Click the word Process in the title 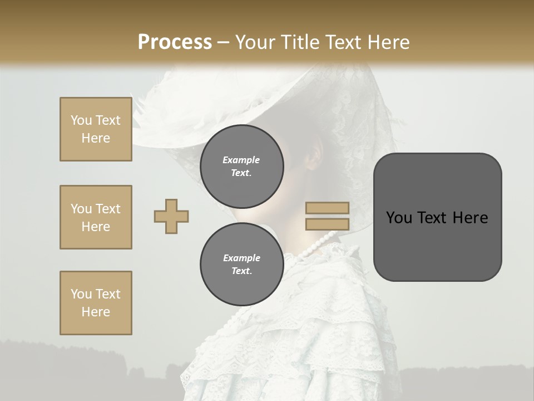pos(175,42)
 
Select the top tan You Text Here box pos(96,129)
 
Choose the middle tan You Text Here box pos(96,217)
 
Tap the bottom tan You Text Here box pos(96,303)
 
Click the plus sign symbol pos(171,216)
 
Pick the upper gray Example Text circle pos(241,163)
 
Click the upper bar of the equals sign pos(327,208)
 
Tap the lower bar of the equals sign pos(327,224)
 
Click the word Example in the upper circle pos(241,160)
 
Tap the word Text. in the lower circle pos(241,271)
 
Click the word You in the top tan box pos(81,120)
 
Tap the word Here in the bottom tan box pos(96,312)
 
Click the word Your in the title pos(256,42)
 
